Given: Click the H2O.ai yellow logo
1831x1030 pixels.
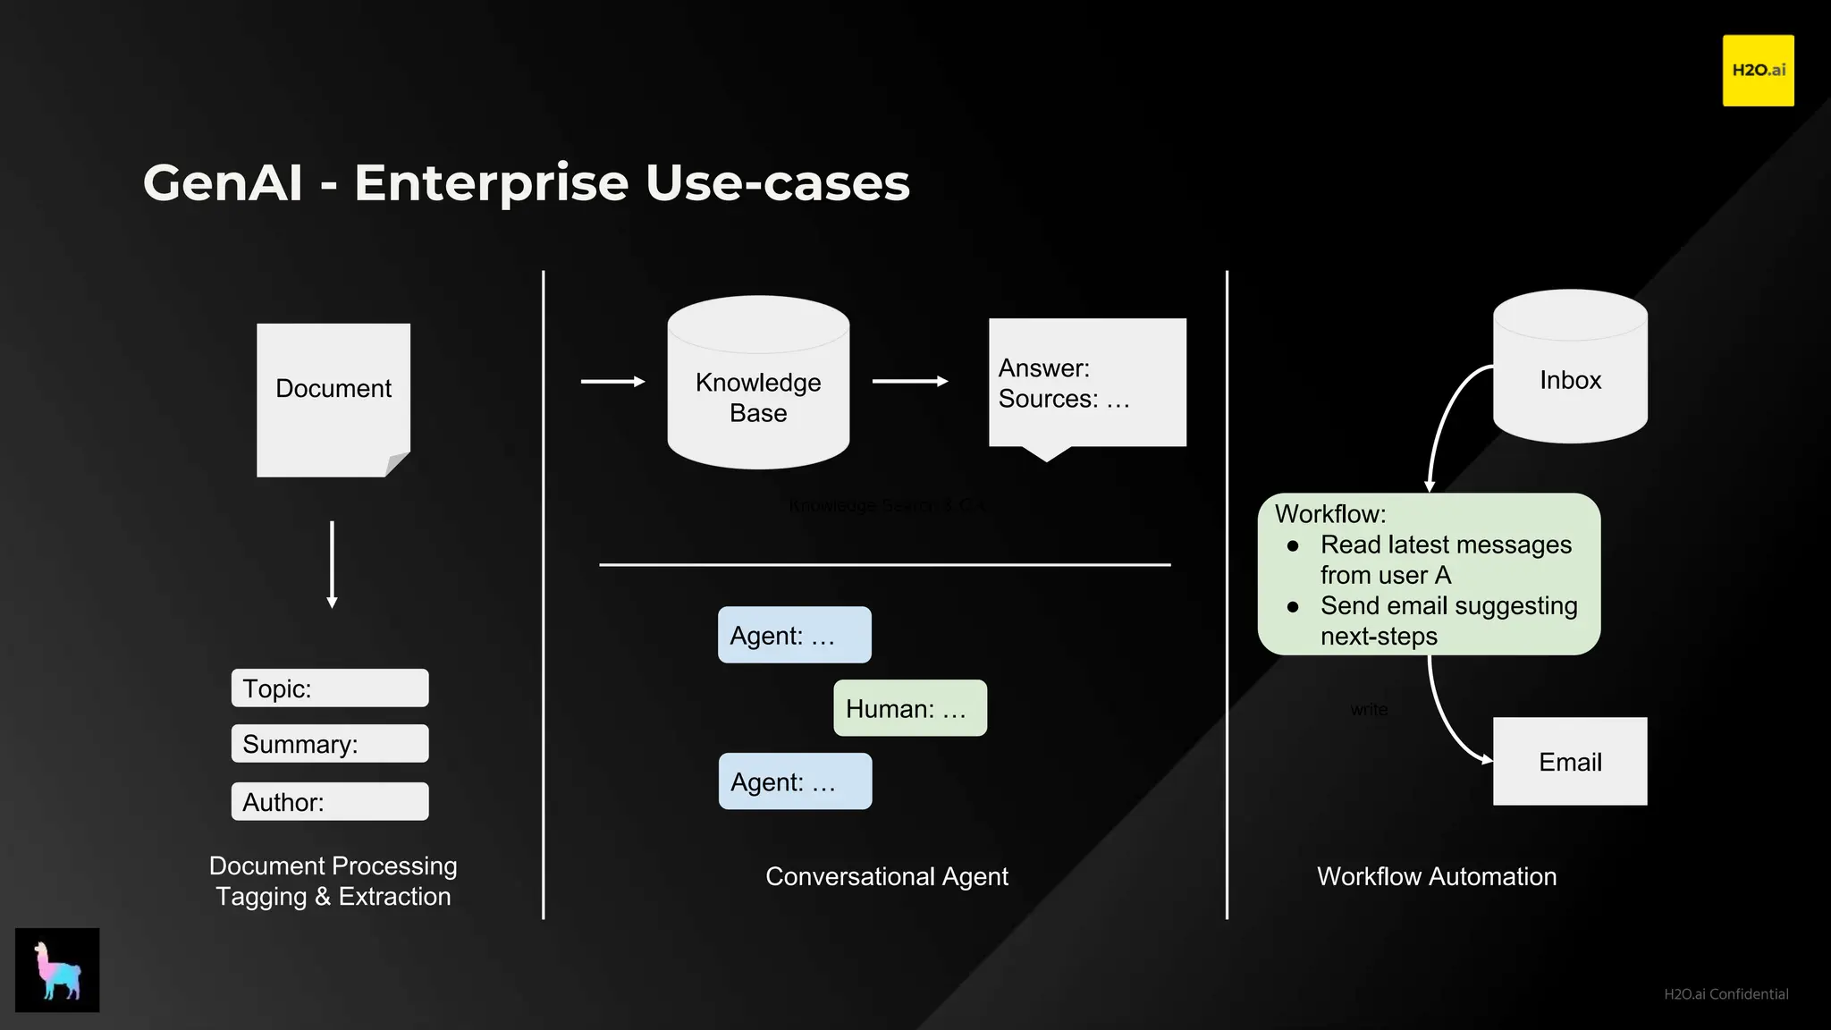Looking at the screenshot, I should coord(1758,71).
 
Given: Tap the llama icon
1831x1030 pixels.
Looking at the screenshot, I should coord(57,970).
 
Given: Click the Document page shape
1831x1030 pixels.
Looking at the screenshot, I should coord(333,399).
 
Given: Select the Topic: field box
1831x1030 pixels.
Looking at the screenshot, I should coord(330,688).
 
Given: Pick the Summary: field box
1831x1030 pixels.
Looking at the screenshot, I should coord(330,744).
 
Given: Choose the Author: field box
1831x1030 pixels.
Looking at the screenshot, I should coord(330,802).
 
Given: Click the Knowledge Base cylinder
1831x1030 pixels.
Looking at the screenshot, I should coord(758,393).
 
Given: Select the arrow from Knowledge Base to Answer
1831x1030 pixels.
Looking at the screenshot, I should coord(909,381).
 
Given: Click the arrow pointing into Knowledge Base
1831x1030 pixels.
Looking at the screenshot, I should coord(612,381).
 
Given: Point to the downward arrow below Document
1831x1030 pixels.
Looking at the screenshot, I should coord(332,563).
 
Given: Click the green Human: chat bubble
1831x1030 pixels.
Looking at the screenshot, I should coord(910,708).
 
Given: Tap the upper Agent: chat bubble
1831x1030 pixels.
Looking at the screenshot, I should coord(794,635).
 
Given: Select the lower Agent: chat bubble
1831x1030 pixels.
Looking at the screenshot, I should coord(795,781).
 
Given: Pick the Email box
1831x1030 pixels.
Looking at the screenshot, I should coord(1570,762).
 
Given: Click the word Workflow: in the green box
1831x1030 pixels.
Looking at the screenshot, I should coord(1329,514).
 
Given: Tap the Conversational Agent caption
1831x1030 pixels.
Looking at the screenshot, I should coord(886,876).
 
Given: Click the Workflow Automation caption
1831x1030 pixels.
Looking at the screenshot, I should coord(1436,876).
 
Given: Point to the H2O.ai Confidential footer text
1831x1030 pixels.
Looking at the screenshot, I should coord(1726,994).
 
